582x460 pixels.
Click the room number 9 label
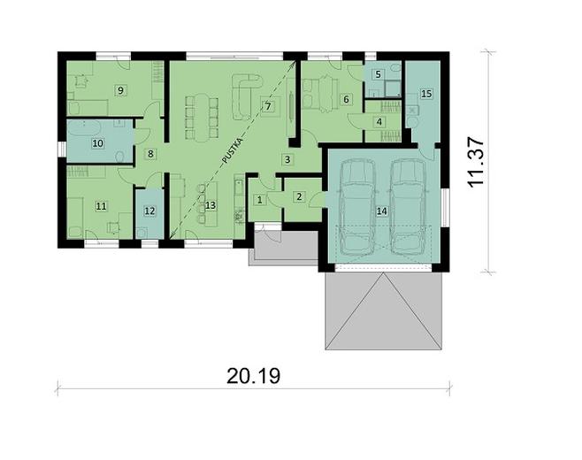tap(120, 89)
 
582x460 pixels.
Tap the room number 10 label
tap(97, 142)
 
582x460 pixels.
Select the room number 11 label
tap(101, 206)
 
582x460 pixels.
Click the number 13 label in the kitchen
tap(210, 205)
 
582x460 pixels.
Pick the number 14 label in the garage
tap(382, 211)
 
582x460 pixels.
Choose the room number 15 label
tap(425, 93)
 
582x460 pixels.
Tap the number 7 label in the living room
tap(268, 106)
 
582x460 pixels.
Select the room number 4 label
tap(379, 121)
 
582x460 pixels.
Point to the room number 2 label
tap(299, 196)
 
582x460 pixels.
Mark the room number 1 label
tap(259, 200)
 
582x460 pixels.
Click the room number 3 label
tap(287, 159)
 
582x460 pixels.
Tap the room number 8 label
tap(150, 154)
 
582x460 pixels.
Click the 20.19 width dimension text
tap(253, 376)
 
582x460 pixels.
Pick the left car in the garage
tap(356, 203)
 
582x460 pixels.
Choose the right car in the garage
tap(409, 203)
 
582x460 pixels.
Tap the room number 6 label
tap(347, 100)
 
